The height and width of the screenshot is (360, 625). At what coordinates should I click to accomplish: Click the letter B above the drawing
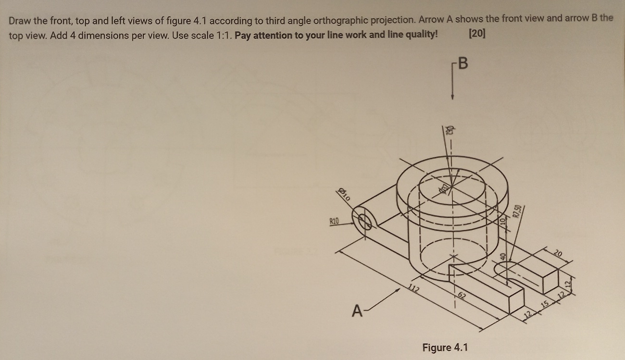click(x=462, y=63)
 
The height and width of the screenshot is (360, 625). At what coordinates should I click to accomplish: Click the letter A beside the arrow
click(x=356, y=312)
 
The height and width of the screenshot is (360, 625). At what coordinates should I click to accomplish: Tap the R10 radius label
click(x=334, y=222)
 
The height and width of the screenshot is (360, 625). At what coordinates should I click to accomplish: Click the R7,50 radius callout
click(x=517, y=211)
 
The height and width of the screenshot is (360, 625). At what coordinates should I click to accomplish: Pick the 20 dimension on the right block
click(x=557, y=253)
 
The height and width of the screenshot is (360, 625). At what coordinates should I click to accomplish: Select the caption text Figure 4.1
click(x=445, y=347)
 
